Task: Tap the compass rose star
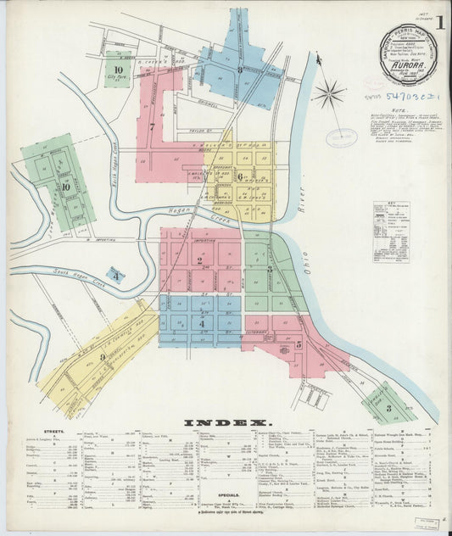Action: (328, 92)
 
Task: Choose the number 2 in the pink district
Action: (200, 261)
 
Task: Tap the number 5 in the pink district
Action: (298, 345)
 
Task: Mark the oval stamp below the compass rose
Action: (341, 137)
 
